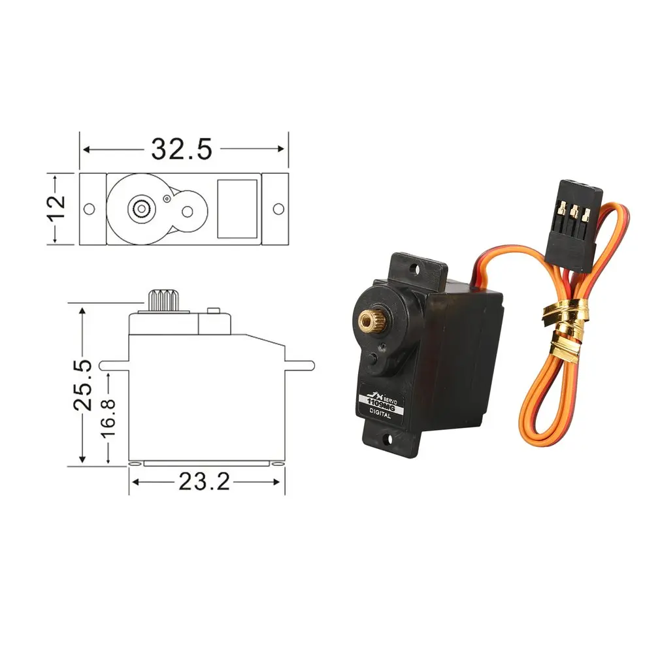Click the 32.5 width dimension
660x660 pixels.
click(x=182, y=150)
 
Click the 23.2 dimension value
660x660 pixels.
click(x=204, y=483)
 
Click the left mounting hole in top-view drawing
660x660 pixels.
click(x=90, y=208)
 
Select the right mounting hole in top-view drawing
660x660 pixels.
click(x=278, y=208)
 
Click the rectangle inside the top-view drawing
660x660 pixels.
click(x=237, y=208)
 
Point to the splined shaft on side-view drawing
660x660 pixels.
click(x=161, y=300)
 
